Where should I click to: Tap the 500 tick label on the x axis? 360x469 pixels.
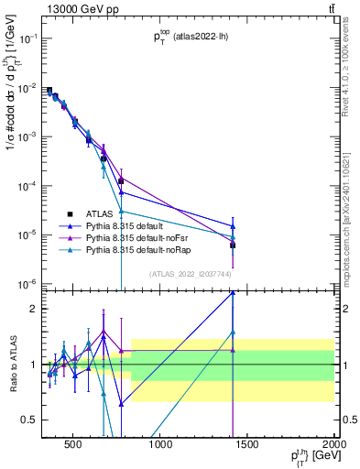tap(72, 446)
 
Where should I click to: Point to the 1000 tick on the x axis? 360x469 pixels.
tap(159, 446)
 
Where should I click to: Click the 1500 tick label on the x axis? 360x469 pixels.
tap(246, 446)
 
